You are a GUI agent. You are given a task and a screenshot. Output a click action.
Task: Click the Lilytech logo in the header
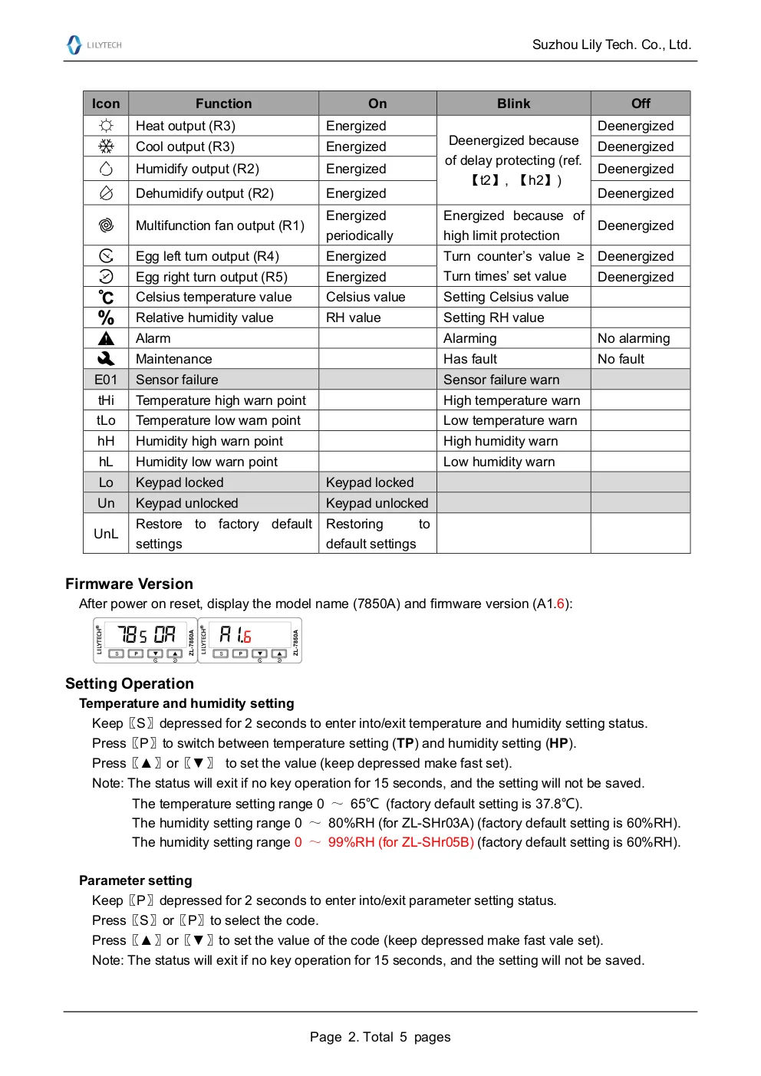94,45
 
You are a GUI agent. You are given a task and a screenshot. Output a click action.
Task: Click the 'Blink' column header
513,104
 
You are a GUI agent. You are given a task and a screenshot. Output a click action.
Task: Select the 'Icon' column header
106,104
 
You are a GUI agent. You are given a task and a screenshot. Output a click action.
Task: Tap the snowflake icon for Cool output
106,146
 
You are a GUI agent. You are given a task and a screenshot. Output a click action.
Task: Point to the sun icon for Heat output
106,126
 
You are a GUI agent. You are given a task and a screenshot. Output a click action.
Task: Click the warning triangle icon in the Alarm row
106,338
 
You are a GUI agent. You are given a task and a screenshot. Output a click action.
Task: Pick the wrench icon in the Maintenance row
106,359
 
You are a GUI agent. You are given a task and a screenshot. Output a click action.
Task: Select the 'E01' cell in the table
106,380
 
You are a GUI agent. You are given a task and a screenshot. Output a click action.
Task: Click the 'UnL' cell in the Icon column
106,534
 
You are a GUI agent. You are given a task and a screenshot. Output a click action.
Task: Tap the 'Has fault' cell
470,359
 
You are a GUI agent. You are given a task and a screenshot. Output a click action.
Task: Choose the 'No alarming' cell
634,338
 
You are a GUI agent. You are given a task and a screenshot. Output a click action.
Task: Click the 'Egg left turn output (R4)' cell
207,256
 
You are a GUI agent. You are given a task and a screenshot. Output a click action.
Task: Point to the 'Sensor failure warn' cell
502,380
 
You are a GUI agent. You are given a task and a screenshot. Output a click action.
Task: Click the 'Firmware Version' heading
129,584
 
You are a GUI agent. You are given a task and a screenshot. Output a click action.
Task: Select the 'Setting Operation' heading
130,683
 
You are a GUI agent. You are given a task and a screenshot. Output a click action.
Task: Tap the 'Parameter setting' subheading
136,880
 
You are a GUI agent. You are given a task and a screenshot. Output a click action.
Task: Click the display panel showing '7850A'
146,640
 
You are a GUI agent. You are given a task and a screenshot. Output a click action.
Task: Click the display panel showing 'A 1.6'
250,640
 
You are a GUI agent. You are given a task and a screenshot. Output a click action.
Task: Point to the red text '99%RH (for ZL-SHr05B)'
400,842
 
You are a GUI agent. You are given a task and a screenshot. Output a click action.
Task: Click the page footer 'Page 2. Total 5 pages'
380,1037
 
